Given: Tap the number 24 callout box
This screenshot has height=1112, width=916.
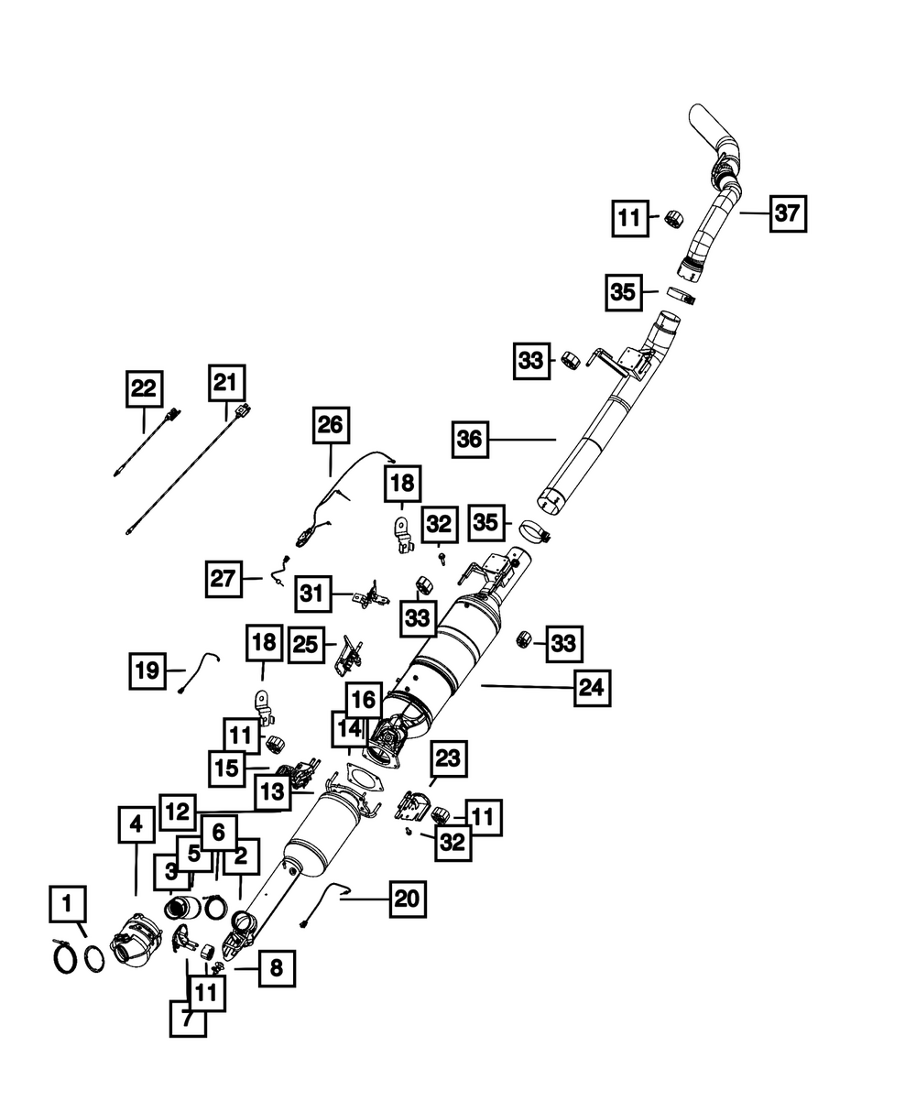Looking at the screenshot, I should (592, 688).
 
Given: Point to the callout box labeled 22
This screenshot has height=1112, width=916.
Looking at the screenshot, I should (144, 388).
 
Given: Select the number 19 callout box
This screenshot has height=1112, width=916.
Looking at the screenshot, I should (147, 670).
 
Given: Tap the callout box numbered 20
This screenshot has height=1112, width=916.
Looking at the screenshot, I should (407, 899).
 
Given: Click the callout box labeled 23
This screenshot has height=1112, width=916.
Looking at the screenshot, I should (449, 759).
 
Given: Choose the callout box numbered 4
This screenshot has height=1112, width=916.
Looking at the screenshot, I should (136, 825).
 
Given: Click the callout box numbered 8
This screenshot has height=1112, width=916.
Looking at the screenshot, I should (277, 967).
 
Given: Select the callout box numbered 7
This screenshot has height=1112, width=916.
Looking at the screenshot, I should (188, 1018).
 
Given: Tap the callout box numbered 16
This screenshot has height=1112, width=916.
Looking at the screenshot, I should (364, 701).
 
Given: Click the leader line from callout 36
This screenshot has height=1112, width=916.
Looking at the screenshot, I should (522, 440).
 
